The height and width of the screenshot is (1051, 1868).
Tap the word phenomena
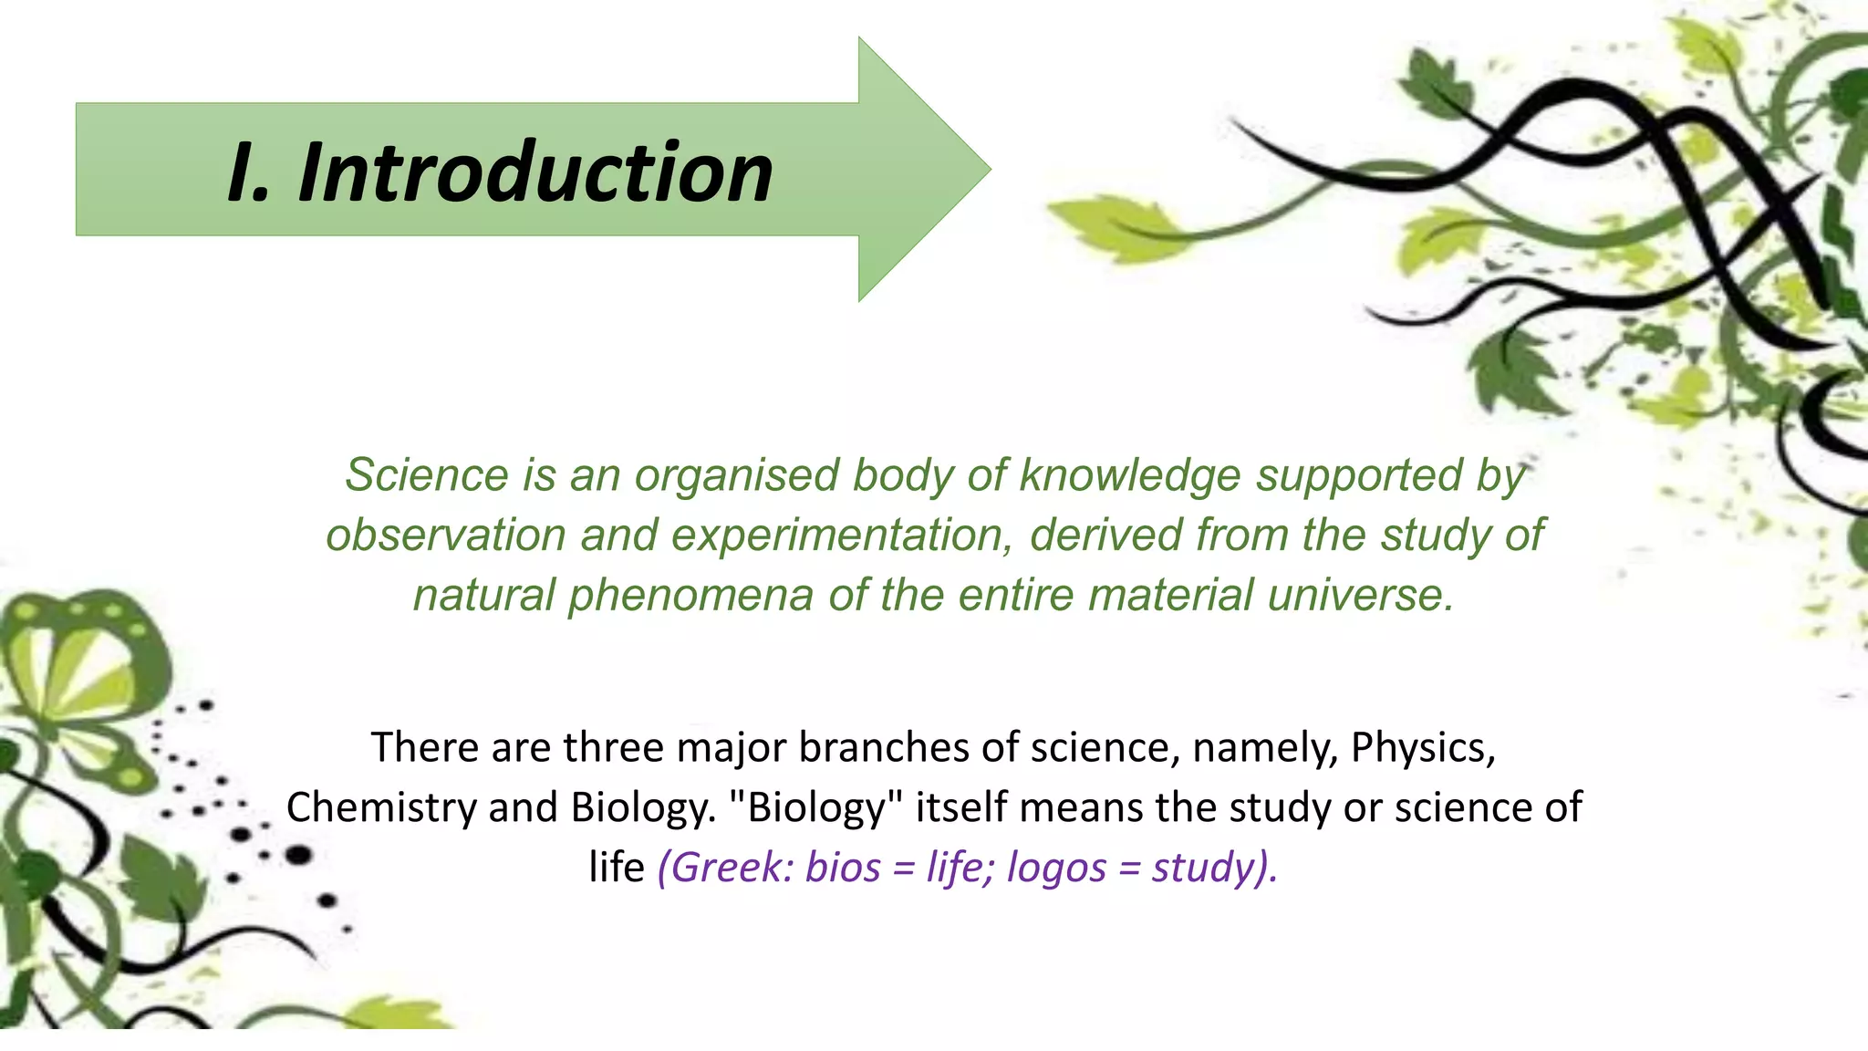click(690, 596)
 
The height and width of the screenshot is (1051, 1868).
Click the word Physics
click(1422, 747)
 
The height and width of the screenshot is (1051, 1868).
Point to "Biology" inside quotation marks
click(816, 807)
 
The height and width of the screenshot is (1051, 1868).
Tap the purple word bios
click(844, 867)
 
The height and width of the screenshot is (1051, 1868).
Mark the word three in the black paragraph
click(613, 747)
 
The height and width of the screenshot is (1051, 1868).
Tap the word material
click(1171, 596)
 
